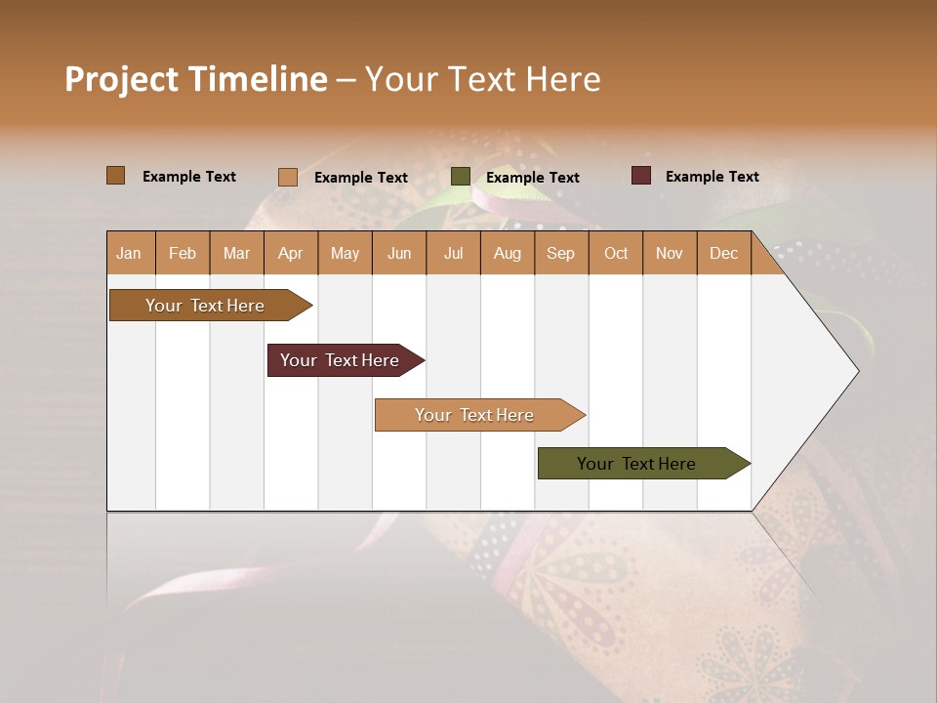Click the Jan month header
click(x=129, y=253)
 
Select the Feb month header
click(x=183, y=253)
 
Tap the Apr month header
click(x=291, y=253)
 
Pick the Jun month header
click(x=399, y=253)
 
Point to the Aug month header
click(x=508, y=253)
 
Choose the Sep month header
click(x=561, y=253)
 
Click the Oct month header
click(x=616, y=253)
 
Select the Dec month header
click(x=724, y=253)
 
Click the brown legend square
click(x=116, y=176)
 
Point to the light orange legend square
click(x=288, y=177)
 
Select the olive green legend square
click(x=461, y=177)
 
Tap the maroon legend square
click(x=641, y=176)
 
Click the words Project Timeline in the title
click(x=196, y=79)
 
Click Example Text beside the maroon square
click(x=713, y=177)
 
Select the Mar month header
click(x=236, y=253)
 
